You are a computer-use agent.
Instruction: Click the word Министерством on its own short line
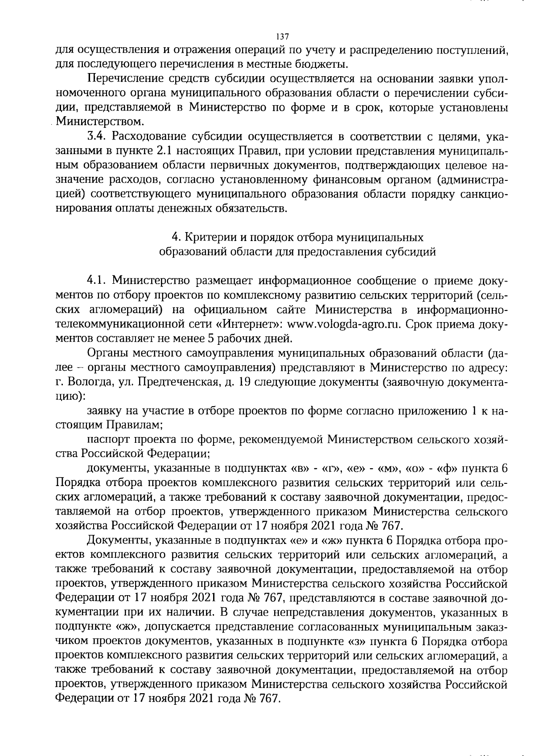pyautogui.click(x=100, y=121)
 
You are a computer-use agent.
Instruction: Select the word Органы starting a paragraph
pyautogui.click(x=107, y=353)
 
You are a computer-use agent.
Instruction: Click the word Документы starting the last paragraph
pyautogui.click(x=114, y=541)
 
